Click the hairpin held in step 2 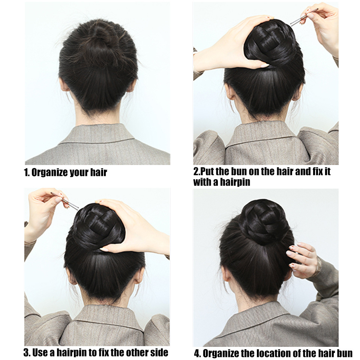[304, 16]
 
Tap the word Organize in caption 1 [49, 172]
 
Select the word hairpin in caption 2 [235, 182]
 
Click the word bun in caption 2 [239, 171]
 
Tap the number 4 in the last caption [197, 353]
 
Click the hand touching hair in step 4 [302, 260]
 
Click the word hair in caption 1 [99, 172]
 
